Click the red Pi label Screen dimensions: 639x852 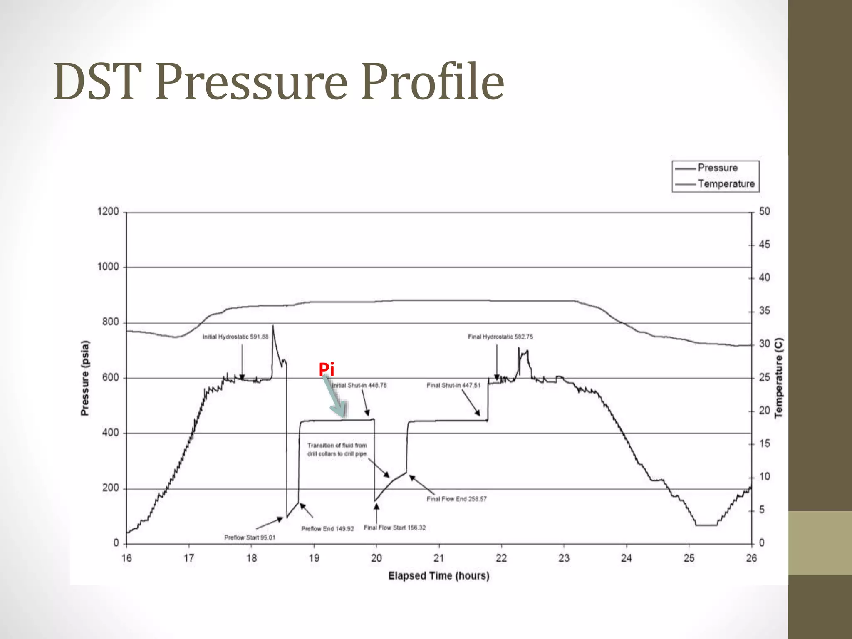tap(327, 369)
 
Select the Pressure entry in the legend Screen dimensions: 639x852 tap(717, 168)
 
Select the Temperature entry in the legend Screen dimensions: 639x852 tap(726, 184)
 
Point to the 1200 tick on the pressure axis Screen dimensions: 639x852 tap(108, 211)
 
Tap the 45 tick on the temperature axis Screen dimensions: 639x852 tap(764, 245)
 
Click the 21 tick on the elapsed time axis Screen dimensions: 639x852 tap(439, 558)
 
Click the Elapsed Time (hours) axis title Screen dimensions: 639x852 tap(438, 576)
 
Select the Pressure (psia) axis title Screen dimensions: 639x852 tap(85, 378)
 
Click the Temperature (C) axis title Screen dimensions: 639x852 tap(778, 378)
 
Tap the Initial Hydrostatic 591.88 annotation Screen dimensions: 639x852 tap(235, 337)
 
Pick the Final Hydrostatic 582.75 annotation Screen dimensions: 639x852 tap(500, 337)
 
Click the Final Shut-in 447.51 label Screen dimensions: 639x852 tap(453, 386)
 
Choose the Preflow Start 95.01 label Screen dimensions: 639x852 tap(250, 537)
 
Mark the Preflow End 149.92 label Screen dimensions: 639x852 tap(327, 529)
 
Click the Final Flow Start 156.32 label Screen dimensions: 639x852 tap(394, 528)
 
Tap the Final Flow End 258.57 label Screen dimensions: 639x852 tap(456, 499)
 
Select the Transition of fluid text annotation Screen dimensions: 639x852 tap(337, 450)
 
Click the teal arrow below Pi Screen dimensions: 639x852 tap(335, 397)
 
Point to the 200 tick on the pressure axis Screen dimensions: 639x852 tap(111, 488)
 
